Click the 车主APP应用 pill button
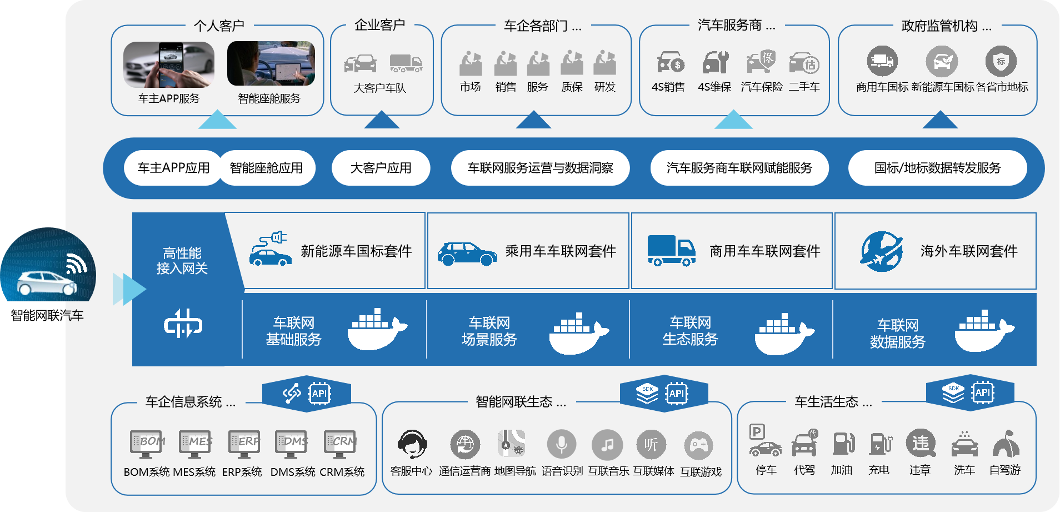(173, 168)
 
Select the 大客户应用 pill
(381, 168)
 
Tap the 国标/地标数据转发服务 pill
(937, 168)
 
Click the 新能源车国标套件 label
(356, 251)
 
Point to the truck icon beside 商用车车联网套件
(671, 251)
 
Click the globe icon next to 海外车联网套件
(882, 251)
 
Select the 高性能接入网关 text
(182, 261)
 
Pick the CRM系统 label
(342, 472)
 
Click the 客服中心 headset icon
(412, 445)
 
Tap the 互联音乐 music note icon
(608, 445)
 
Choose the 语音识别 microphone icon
(562, 445)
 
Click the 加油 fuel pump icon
(842, 444)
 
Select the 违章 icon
(921, 444)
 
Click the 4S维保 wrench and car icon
(715, 62)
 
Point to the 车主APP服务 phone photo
(169, 64)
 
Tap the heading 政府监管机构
(939, 26)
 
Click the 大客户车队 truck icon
(406, 63)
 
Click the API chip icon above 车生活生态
(983, 392)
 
